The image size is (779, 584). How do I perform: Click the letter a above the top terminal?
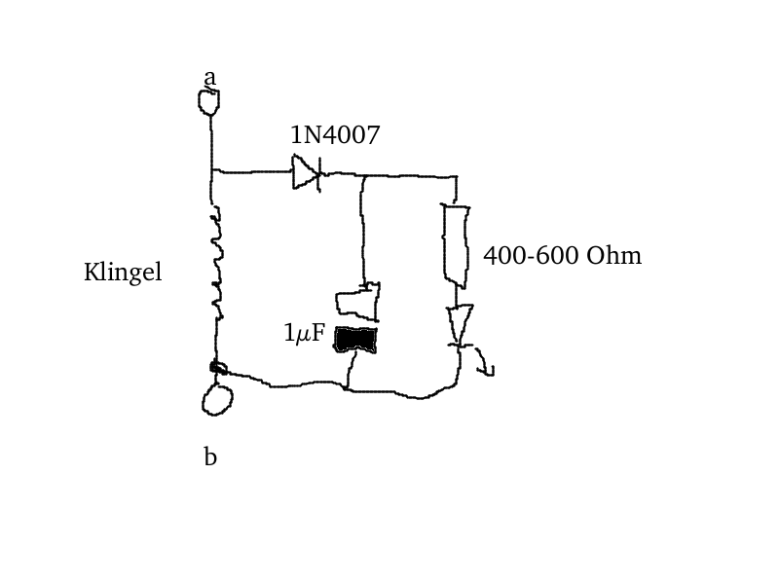click(x=210, y=77)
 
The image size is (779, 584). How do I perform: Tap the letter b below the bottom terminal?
click(x=210, y=456)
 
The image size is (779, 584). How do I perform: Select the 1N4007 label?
click(x=335, y=135)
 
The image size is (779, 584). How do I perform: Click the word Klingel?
click(x=123, y=273)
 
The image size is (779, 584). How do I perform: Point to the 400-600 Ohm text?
click(x=562, y=256)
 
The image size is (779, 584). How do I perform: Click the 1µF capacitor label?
click(x=304, y=334)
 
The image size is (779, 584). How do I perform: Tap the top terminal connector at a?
click(x=208, y=101)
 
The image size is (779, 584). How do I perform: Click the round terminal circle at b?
click(x=217, y=399)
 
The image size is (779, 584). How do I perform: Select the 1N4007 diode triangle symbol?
click(x=306, y=172)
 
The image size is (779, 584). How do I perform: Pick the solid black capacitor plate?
click(x=356, y=340)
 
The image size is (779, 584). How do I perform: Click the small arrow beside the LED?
click(x=484, y=365)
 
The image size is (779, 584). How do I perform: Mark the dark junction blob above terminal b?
click(x=218, y=368)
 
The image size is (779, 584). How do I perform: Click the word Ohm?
click(x=614, y=256)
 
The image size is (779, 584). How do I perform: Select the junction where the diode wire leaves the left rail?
click(x=212, y=172)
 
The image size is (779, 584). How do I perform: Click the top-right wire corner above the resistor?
click(x=456, y=178)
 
